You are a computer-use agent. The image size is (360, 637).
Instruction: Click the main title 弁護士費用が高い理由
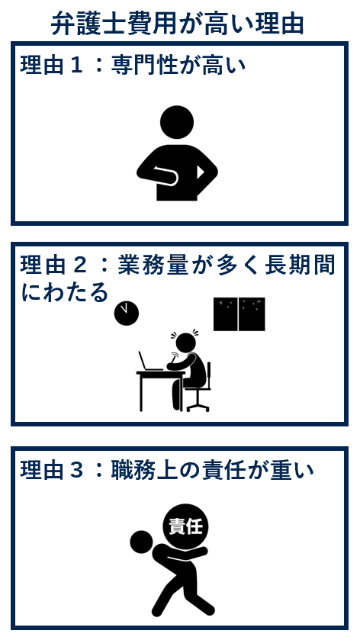[x=178, y=24]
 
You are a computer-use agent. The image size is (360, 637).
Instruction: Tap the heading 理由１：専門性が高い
[x=133, y=65]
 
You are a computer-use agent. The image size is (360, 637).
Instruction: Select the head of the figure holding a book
[x=177, y=122]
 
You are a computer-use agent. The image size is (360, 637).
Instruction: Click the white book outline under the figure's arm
[x=166, y=175]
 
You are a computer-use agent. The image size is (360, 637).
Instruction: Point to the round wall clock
[x=127, y=314]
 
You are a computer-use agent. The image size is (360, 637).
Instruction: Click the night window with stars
[x=239, y=314]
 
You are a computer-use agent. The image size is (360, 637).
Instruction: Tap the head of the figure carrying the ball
[x=142, y=542]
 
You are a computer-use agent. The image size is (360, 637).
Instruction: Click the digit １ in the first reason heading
[x=76, y=66]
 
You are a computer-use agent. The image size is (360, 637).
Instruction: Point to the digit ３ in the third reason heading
[x=76, y=471]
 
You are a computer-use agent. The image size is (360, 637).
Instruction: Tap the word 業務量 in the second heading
[x=153, y=266]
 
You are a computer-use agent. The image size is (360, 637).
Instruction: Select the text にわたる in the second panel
[x=65, y=293]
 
